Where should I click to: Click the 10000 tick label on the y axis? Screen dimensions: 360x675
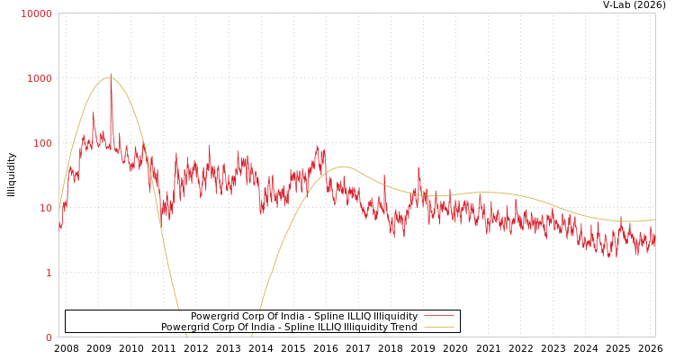[37, 13]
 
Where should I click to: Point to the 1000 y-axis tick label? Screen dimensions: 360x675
[39, 78]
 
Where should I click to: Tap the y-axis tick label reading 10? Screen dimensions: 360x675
[44, 208]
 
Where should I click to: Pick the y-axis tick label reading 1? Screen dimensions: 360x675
[49, 273]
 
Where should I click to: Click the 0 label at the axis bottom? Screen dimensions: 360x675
[49, 337]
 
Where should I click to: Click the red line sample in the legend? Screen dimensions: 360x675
[438, 317]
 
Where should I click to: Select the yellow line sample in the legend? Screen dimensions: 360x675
[438, 328]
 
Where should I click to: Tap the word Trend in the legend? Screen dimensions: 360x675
[402, 328]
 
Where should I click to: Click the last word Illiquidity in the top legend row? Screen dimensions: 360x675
[395, 317]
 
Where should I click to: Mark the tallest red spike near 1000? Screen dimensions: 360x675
[111, 76]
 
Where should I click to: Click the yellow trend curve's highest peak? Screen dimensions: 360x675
[109, 77]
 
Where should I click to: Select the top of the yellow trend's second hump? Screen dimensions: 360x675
[343, 166]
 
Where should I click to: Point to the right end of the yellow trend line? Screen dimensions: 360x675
[654, 220]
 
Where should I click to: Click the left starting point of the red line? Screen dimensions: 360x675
[60, 225]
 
